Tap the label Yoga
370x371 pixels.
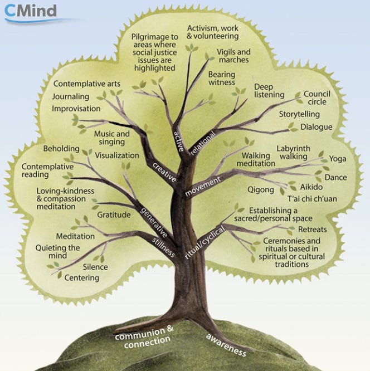338,159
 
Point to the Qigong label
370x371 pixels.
261,189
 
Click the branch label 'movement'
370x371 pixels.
203,186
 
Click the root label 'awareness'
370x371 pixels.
226,344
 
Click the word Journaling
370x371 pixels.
71,96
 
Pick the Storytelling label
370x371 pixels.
299,114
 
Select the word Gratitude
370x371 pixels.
114,214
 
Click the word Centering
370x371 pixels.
82,277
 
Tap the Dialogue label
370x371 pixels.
316,127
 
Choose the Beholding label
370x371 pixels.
61,149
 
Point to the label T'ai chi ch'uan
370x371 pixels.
309,198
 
